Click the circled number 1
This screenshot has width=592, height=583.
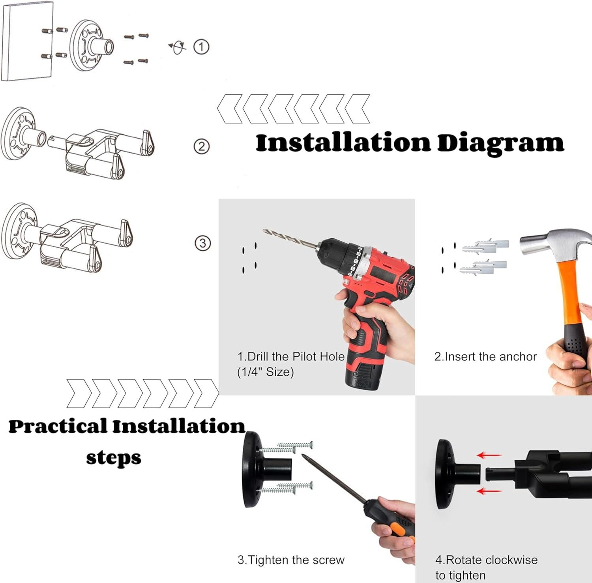pyautogui.click(x=201, y=47)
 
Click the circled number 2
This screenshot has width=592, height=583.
pyautogui.click(x=201, y=147)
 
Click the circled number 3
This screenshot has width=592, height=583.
pyautogui.click(x=203, y=243)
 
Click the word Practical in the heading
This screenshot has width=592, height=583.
pyautogui.click(x=58, y=426)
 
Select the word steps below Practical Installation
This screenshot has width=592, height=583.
pyautogui.click(x=114, y=458)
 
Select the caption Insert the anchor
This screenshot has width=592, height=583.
pyautogui.click(x=485, y=357)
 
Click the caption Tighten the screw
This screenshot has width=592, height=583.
pyautogui.click(x=291, y=560)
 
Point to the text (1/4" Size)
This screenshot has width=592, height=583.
pyautogui.click(x=265, y=372)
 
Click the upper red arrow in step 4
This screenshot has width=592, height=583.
pyautogui.click(x=489, y=455)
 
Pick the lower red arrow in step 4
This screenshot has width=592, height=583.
pyautogui.click(x=489, y=491)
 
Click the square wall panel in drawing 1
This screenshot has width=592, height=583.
pyautogui.click(x=27, y=41)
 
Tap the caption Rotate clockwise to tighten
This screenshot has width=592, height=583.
pyautogui.click(x=486, y=568)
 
